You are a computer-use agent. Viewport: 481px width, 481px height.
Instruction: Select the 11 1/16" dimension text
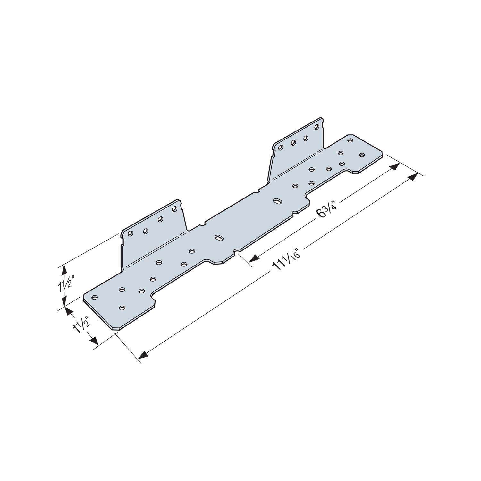pyautogui.click(x=287, y=261)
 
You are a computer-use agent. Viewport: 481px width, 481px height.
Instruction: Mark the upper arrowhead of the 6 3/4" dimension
pyautogui.click(x=395, y=166)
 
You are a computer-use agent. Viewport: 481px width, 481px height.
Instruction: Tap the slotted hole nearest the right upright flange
pyautogui.click(x=276, y=201)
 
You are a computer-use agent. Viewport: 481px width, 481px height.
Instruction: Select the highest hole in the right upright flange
pyautogui.click(x=317, y=127)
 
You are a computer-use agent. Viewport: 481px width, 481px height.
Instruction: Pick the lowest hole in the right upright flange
pyautogui.click(x=281, y=148)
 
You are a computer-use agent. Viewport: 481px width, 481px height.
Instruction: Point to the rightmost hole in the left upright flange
pyautogui.click(x=174, y=209)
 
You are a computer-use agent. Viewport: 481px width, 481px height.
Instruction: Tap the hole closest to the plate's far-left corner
pyautogui.click(x=94, y=297)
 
